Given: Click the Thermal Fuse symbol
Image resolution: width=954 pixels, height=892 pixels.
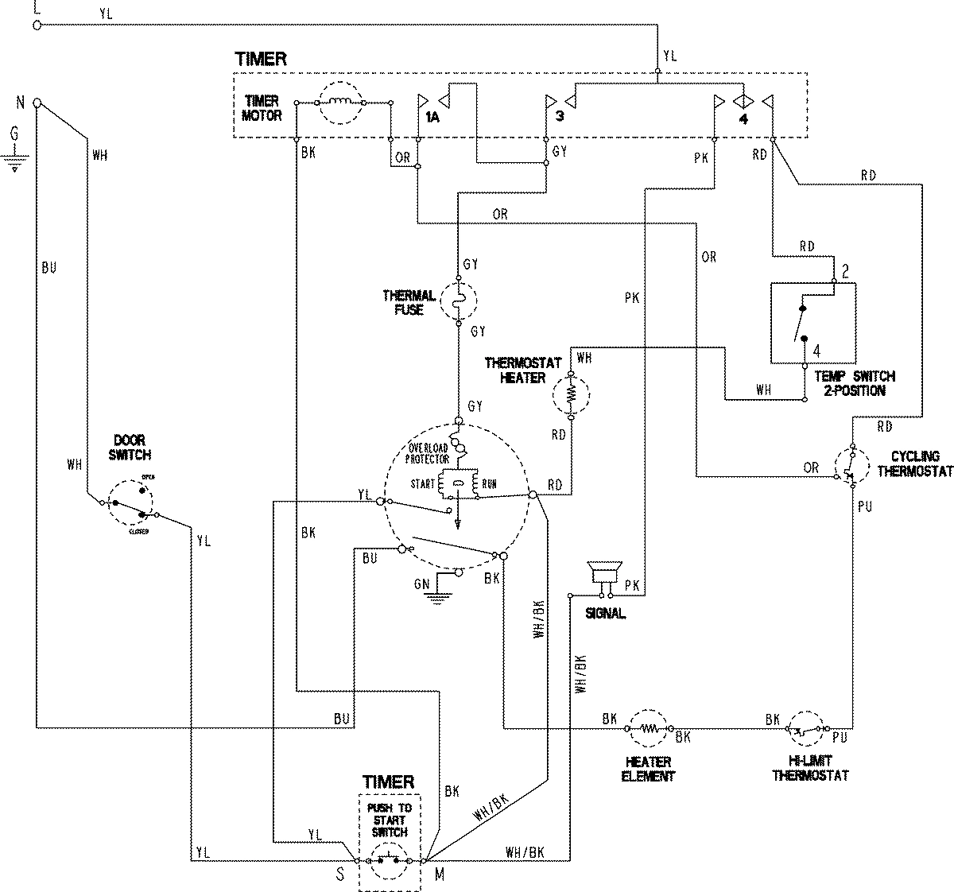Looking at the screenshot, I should (x=458, y=301).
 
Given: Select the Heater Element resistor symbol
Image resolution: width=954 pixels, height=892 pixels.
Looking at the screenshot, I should (x=650, y=727).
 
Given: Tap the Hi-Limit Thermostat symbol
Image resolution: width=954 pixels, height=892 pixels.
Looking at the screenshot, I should (x=809, y=727).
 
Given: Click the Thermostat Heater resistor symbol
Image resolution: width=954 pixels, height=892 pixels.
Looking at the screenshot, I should (x=571, y=394).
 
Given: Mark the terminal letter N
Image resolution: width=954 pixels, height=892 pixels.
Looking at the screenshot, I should (x=20, y=103).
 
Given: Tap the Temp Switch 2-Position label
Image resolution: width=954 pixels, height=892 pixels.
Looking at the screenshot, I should (x=848, y=383).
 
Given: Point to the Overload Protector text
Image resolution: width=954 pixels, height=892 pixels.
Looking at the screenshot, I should (x=429, y=452).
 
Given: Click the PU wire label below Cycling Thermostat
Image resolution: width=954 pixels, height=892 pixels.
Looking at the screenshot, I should (x=865, y=506).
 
